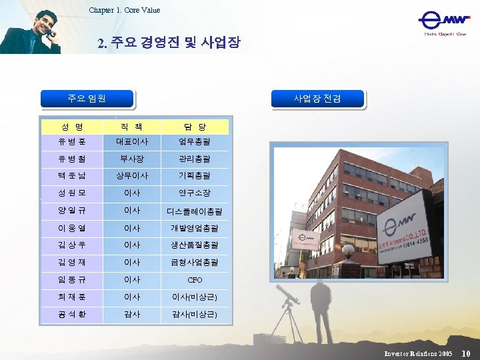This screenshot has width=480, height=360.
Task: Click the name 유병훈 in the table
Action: coord(72,141)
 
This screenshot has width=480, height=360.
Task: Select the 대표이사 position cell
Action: coord(131,141)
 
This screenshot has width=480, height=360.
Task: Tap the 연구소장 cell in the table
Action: coord(194,193)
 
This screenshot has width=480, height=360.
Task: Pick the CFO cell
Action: coord(194,280)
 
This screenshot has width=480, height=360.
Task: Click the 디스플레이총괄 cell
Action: coord(194,211)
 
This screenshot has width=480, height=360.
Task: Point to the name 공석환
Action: coord(72,315)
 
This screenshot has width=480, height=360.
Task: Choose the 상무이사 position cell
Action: coord(131,176)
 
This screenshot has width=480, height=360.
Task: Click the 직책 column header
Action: coord(131,127)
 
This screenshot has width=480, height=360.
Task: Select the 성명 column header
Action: coord(72,127)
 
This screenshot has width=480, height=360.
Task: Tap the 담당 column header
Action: coord(194,127)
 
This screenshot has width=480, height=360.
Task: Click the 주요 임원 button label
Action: coord(87,99)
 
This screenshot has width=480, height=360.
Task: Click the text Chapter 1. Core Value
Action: coord(124,10)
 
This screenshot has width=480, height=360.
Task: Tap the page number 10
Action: coord(466,353)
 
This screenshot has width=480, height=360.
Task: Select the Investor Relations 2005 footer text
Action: coord(418,353)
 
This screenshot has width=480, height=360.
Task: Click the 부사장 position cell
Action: coord(131,159)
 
